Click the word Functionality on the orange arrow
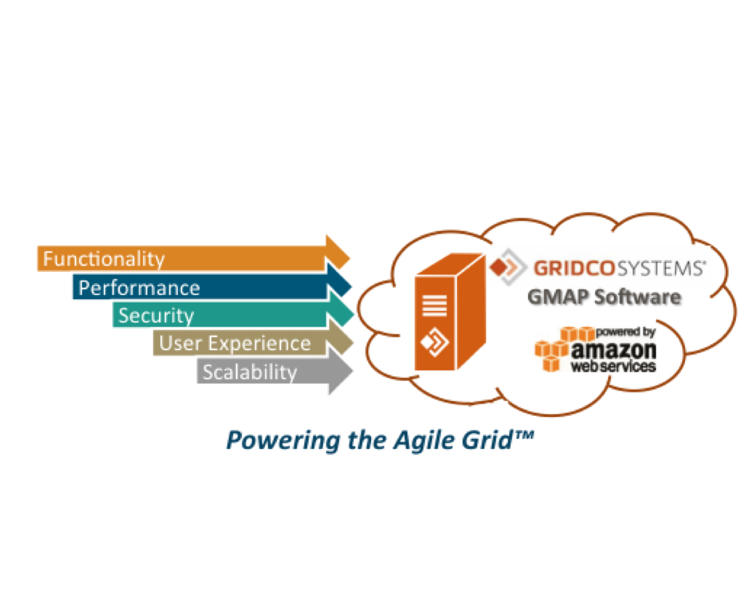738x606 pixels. pos(104,259)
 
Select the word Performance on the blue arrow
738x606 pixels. pos(139,287)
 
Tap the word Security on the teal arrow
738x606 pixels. pos(156,315)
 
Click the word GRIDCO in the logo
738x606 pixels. pos(570,267)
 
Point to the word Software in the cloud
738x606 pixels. pos(638,296)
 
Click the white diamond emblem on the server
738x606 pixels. pos(433,341)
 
